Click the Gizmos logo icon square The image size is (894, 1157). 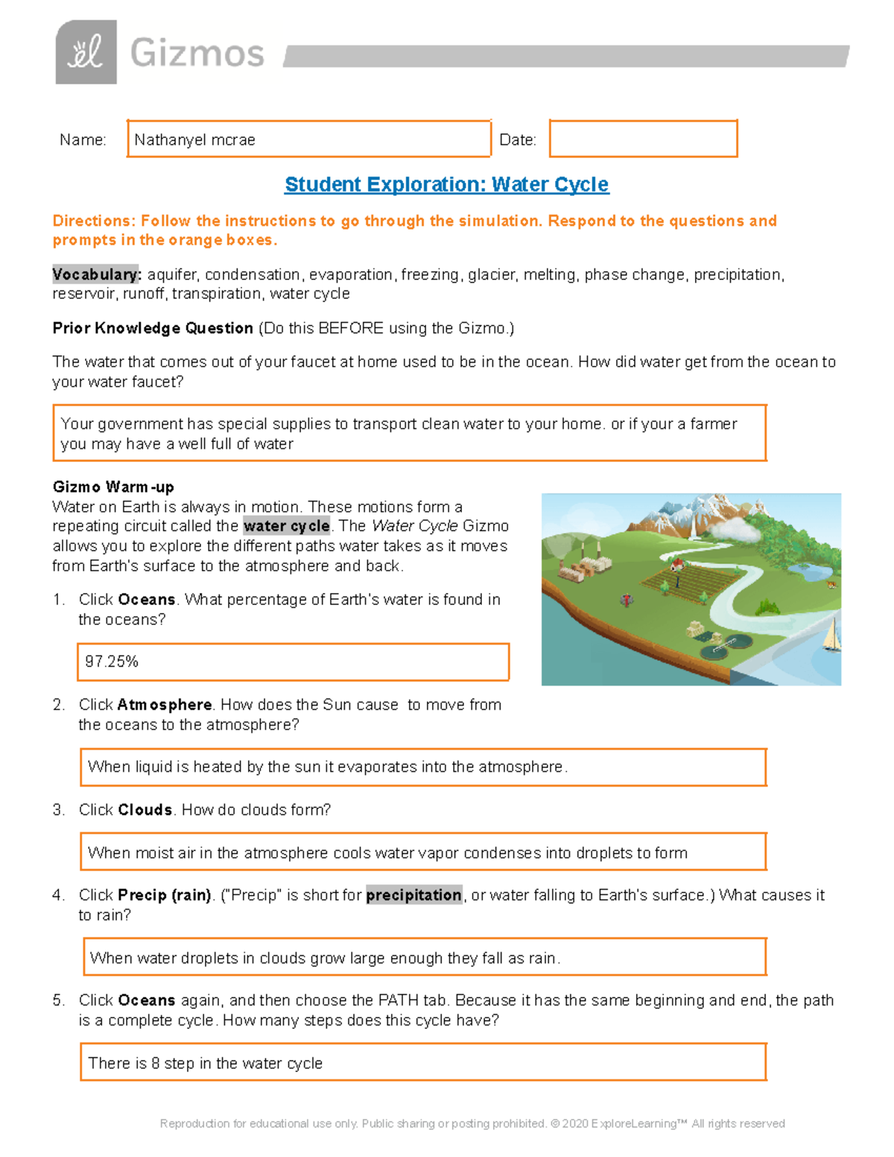pos(86,52)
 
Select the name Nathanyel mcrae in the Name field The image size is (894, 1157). pos(194,140)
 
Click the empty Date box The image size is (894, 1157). pos(643,139)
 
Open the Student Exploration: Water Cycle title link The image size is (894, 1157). pos(446,184)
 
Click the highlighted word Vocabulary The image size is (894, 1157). pos(96,275)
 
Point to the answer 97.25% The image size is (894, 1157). pos(112,662)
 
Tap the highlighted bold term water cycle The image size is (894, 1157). pos(286,526)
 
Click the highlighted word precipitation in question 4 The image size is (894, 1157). pos(413,896)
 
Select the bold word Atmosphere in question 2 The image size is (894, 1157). pos(164,705)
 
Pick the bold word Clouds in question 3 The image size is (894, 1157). pos(145,810)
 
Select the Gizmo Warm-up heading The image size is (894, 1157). pos(113,487)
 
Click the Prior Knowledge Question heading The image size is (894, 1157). pos(153,329)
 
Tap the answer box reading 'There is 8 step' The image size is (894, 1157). pos(423,1063)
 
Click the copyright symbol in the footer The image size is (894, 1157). pos(555,1123)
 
